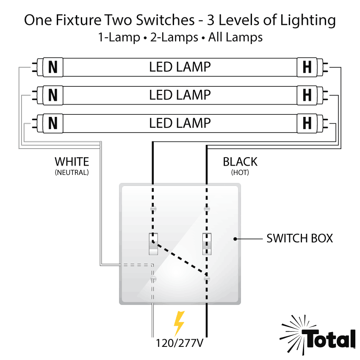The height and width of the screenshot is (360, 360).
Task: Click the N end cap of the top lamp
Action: [53, 67]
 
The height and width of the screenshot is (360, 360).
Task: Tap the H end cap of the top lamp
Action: [307, 67]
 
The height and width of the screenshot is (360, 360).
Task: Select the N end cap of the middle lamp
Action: [53, 95]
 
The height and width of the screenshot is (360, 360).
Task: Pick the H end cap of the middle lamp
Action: [307, 95]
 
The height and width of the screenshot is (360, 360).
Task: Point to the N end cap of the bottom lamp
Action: [53, 123]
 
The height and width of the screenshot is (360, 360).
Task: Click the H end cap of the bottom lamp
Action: [307, 123]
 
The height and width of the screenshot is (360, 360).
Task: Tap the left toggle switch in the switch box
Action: [153, 244]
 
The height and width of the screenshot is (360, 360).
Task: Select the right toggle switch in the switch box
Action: [207, 244]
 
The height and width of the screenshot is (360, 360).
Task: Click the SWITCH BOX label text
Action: [299, 238]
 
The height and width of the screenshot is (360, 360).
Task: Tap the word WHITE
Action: [72, 162]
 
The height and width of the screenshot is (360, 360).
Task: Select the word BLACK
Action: [240, 162]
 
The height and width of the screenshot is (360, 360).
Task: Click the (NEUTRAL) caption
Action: [72, 173]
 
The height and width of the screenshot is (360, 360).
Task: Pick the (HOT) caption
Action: [240, 173]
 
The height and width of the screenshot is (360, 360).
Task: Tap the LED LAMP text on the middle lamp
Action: [180, 95]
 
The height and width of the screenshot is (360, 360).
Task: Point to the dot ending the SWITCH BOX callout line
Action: [235, 239]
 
